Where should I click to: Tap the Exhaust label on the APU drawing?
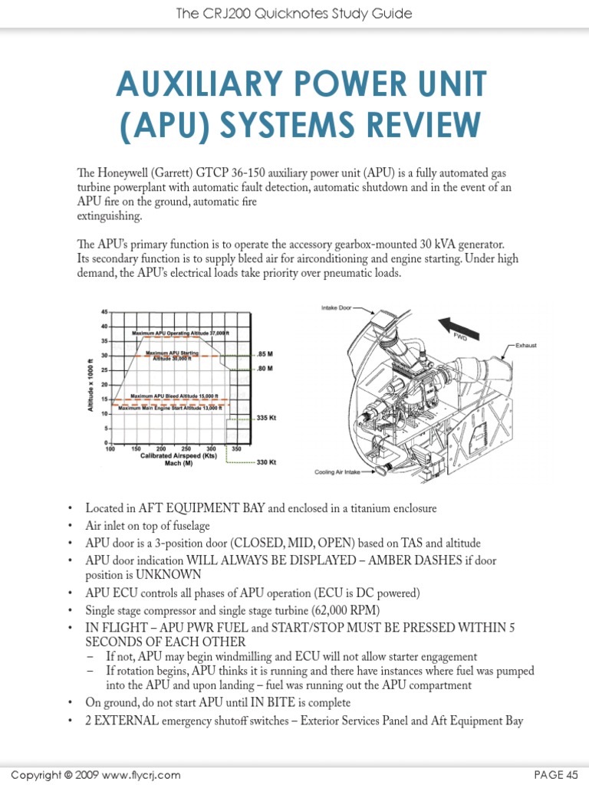[525, 346]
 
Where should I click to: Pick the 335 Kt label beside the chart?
[265, 419]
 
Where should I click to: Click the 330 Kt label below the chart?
[266, 462]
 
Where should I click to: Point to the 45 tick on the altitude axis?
[104, 312]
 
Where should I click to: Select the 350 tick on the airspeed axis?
[236, 448]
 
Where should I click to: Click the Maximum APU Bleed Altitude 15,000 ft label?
[175, 396]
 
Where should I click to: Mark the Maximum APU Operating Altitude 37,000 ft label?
[181, 333]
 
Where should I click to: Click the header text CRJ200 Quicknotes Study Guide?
[294, 14]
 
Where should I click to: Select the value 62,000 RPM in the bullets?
[338, 610]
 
